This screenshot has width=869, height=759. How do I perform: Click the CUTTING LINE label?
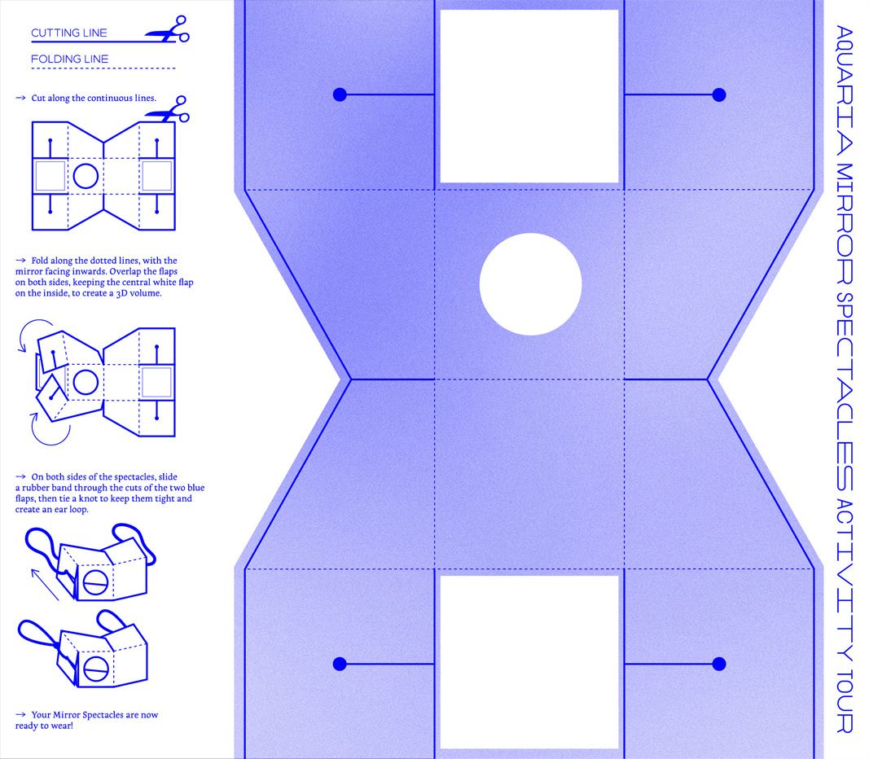click(x=68, y=33)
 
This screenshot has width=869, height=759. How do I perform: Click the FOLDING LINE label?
click(x=69, y=59)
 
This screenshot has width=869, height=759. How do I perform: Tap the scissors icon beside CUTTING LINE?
click(x=168, y=29)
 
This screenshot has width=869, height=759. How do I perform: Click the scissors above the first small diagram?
click(x=168, y=109)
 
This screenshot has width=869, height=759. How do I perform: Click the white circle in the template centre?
click(x=530, y=284)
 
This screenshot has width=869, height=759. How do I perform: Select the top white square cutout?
click(x=529, y=96)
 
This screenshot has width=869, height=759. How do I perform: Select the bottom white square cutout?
click(x=529, y=662)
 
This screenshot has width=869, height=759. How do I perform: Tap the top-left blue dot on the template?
click(x=340, y=94)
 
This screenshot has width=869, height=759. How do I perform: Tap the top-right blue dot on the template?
click(x=719, y=94)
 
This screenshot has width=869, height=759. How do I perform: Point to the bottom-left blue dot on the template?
click(x=340, y=664)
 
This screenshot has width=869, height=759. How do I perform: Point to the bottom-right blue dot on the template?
click(x=719, y=664)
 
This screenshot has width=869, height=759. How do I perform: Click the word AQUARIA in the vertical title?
click(x=844, y=90)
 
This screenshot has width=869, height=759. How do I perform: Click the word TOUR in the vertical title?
click(x=844, y=701)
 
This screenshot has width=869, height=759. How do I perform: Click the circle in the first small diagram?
click(x=86, y=176)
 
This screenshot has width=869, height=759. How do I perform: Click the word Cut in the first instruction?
click(x=38, y=98)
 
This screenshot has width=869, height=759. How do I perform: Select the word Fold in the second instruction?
click(x=39, y=261)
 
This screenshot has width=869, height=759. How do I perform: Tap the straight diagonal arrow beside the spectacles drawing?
click(x=45, y=585)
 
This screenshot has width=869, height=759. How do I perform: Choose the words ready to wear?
click(x=44, y=726)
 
